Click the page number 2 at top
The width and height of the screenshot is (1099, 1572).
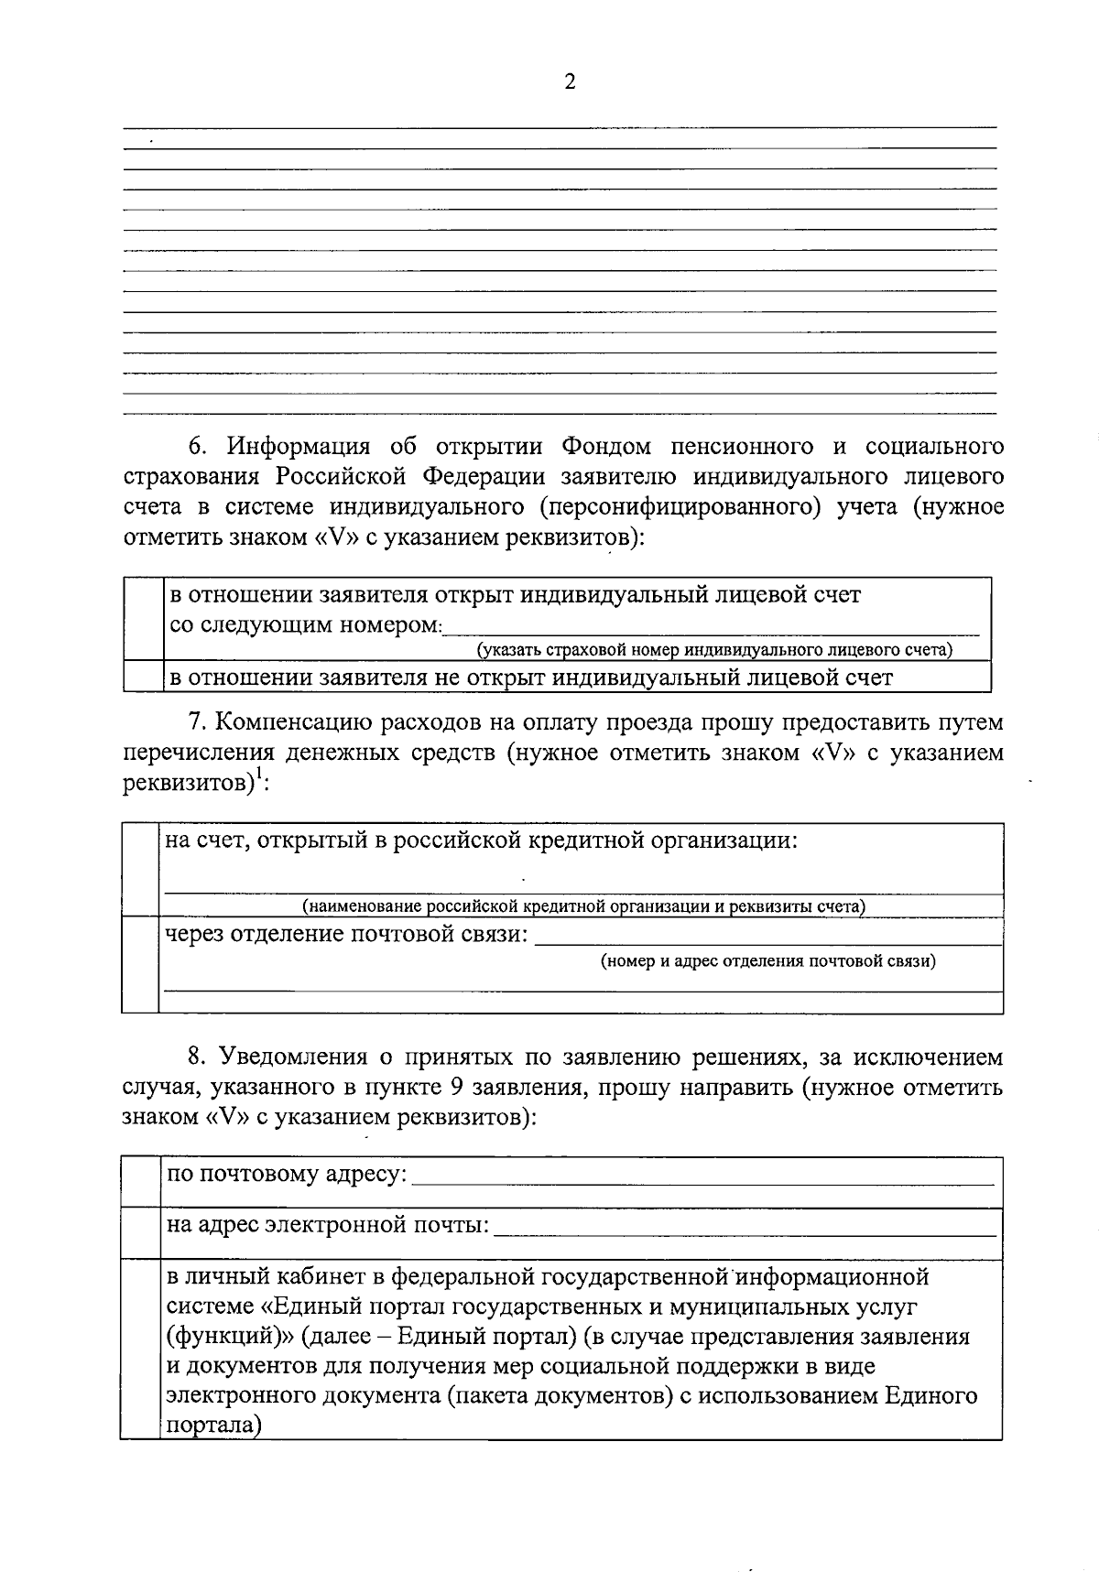click(570, 82)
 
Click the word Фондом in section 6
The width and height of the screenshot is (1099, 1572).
click(605, 447)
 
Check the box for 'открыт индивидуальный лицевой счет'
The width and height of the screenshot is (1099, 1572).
click(144, 618)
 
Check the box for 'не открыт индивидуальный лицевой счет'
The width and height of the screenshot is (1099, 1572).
click(144, 676)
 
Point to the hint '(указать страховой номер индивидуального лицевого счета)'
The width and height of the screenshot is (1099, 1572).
click(713, 650)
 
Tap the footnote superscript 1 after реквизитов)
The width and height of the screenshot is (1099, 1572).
click(259, 776)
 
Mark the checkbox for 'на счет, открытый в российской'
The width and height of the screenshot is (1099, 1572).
click(140, 869)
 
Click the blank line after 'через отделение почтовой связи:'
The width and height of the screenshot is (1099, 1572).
click(767, 938)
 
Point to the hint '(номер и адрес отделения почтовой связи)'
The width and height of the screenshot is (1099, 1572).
click(767, 961)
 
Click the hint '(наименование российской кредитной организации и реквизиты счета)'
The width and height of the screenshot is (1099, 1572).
click(584, 906)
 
